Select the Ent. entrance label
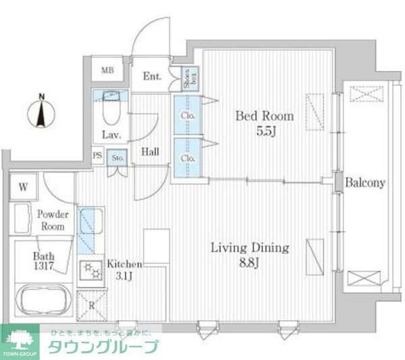[x=152, y=76]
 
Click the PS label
[x=98, y=155]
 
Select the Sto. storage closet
[x=117, y=158]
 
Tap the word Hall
[x=150, y=152]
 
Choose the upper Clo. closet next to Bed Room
[x=188, y=115]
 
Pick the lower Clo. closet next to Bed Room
[x=188, y=158]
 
